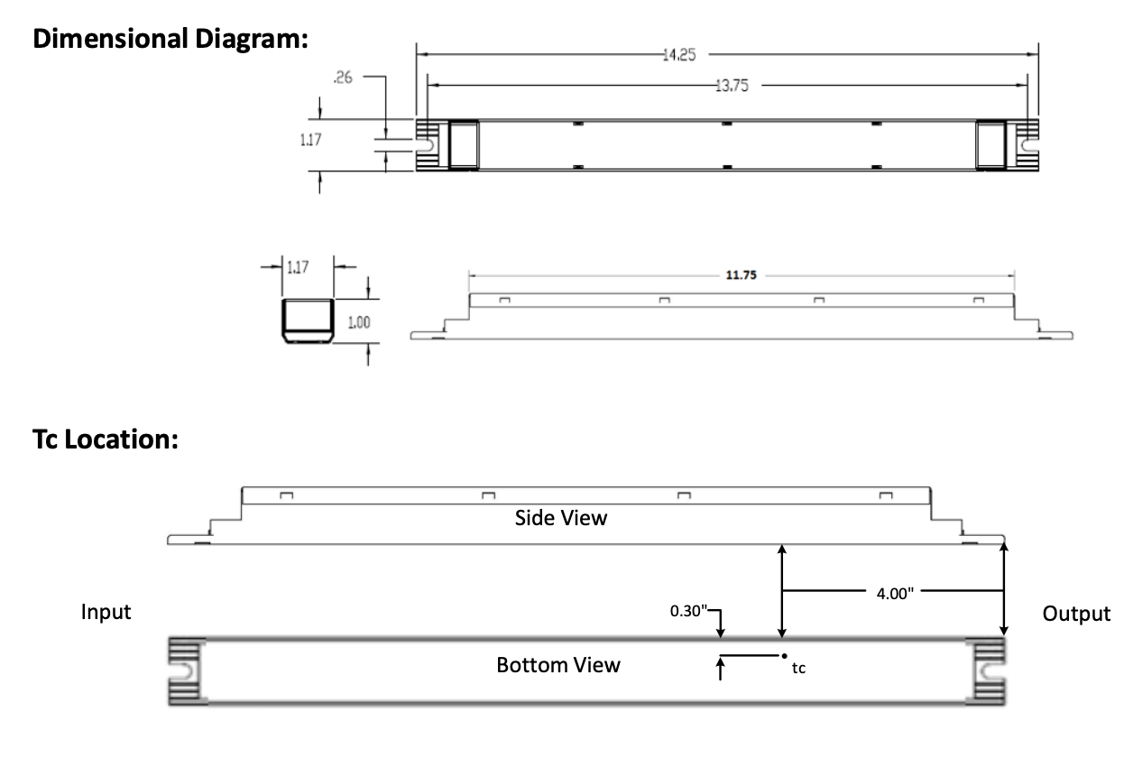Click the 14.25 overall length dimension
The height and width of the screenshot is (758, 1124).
coord(679,55)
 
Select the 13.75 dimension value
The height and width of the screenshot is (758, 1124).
coord(731,87)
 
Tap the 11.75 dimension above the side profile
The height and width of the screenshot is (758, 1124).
coord(742,275)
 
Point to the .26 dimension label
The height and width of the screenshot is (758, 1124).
coord(343,79)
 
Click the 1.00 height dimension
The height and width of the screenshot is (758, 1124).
coord(359,322)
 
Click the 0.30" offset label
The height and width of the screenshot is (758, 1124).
coord(687,611)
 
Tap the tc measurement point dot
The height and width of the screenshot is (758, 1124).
coord(783,655)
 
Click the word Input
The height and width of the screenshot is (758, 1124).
coord(106,613)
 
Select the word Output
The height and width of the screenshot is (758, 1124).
coord(1076,615)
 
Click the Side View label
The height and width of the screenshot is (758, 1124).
coord(561,518)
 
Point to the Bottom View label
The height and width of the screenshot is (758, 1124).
coord(558,665)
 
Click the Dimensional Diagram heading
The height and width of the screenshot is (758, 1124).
coord(170,41)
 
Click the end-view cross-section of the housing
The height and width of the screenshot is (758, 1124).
coord(309,322)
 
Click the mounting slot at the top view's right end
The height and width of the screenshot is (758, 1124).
coord(1027,143)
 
